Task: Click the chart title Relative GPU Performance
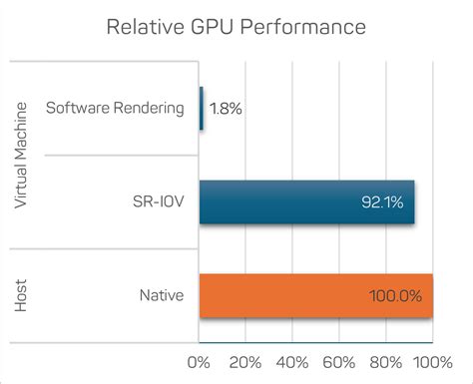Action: [236, 28]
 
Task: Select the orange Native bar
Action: [315, 295]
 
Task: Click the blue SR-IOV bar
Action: [306, 202]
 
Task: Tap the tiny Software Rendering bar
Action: [202, 109]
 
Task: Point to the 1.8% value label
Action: [228, 109]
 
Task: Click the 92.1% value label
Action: [381, 202]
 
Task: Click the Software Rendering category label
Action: [115, 109]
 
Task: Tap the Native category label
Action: [162, 295]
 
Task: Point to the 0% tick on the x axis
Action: [200, 360]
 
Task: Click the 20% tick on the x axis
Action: [245, 360]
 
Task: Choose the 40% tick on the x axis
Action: [292, 360]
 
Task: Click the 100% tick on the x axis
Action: [431, 360]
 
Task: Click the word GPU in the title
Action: [214, 28]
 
